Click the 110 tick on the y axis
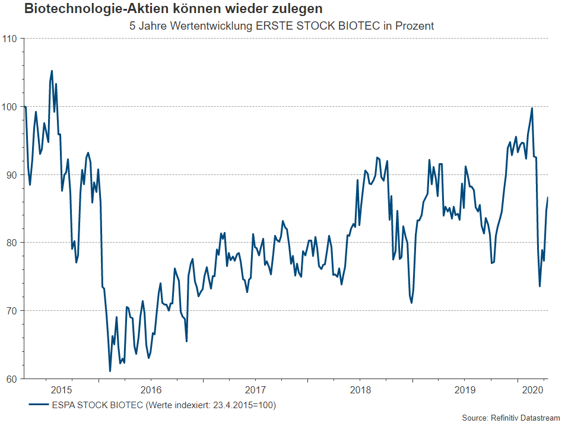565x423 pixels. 11,39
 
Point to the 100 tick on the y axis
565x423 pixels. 11,107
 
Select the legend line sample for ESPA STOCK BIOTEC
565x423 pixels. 38,406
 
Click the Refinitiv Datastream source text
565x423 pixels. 525,418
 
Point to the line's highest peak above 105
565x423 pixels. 52,71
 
